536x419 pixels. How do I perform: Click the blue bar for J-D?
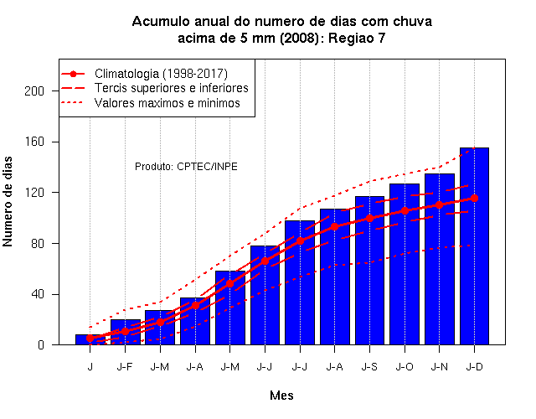pos(474,246)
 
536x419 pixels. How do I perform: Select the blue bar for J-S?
pos(369,271)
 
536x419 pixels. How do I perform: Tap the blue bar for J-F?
pos(126,332)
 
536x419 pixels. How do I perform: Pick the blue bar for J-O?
pos(405,264)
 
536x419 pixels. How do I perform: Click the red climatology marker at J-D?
pos(474,198)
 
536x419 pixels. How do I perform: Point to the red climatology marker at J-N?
pos(439,204)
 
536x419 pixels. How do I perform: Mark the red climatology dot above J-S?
pos(369,218)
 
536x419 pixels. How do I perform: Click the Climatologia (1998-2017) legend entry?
pos(144,74)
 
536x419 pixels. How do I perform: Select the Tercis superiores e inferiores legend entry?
pos(155,88)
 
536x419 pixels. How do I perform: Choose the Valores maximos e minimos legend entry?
pos(151,103)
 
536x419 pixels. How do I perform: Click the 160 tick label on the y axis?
pos(34,142)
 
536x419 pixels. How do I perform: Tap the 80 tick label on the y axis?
pos(38,244)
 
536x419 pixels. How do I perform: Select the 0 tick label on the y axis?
pos(41,344)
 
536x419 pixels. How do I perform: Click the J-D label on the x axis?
pos(475,367)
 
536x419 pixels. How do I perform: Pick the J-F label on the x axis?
pos(125,367)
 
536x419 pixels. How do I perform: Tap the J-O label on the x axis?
pos(405,367)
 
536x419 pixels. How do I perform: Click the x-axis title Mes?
pos(281,396)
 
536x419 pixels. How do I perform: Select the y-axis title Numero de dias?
pos(8,202)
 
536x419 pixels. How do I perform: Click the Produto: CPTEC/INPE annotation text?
pos(186,167)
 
